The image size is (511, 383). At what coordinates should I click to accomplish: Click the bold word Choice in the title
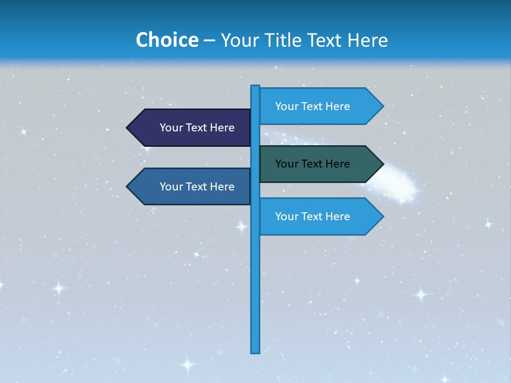click(167, 40)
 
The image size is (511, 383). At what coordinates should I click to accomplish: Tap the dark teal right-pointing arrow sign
click(314, 164)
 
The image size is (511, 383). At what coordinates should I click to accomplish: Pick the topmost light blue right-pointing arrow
click(314, 106)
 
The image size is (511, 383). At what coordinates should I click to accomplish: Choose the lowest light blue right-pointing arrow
click(314, 217)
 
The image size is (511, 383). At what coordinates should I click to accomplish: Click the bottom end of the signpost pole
click(256, 351)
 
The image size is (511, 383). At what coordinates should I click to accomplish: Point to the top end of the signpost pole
click(256, 87)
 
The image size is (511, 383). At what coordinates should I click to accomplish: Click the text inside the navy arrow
click(197, 128)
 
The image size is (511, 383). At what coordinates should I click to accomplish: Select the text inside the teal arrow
click(312, 164)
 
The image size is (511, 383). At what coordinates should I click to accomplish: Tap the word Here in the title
click(367, 40)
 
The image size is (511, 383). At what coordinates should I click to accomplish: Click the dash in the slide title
click(209, 40)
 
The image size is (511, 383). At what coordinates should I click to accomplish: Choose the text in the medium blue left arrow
click(197, 187)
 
